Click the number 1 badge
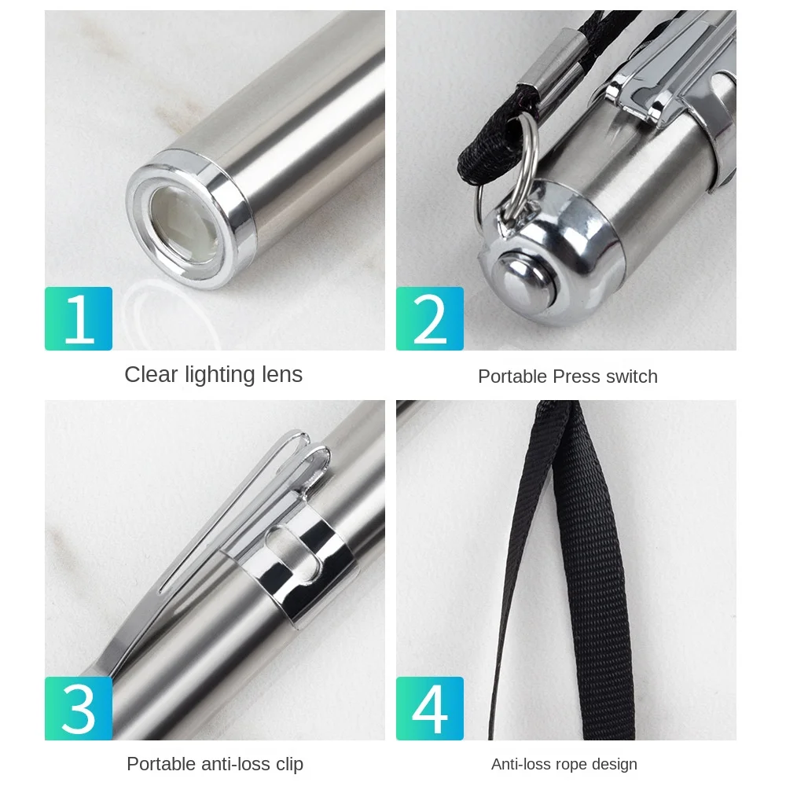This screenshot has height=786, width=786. [x=78, y=318]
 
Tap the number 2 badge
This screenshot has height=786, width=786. [x=430, y=318]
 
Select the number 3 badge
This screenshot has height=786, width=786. [x=78, y=708]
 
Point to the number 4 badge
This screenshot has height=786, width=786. [x=430, y=708]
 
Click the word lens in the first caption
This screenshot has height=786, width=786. [x=282, y=374]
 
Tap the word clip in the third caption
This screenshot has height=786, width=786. [x=289, y=764]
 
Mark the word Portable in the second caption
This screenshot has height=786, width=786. [x=512, y=376]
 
